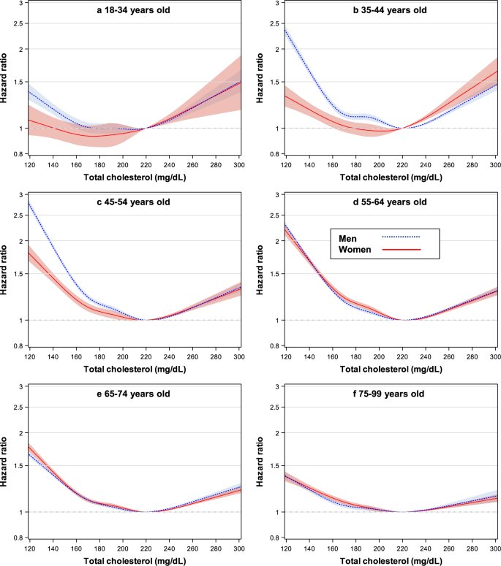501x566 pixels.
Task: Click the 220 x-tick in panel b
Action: (402, 165)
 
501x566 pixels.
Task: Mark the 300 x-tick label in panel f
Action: (495, 549)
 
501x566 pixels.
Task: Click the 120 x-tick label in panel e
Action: (29, 549)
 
